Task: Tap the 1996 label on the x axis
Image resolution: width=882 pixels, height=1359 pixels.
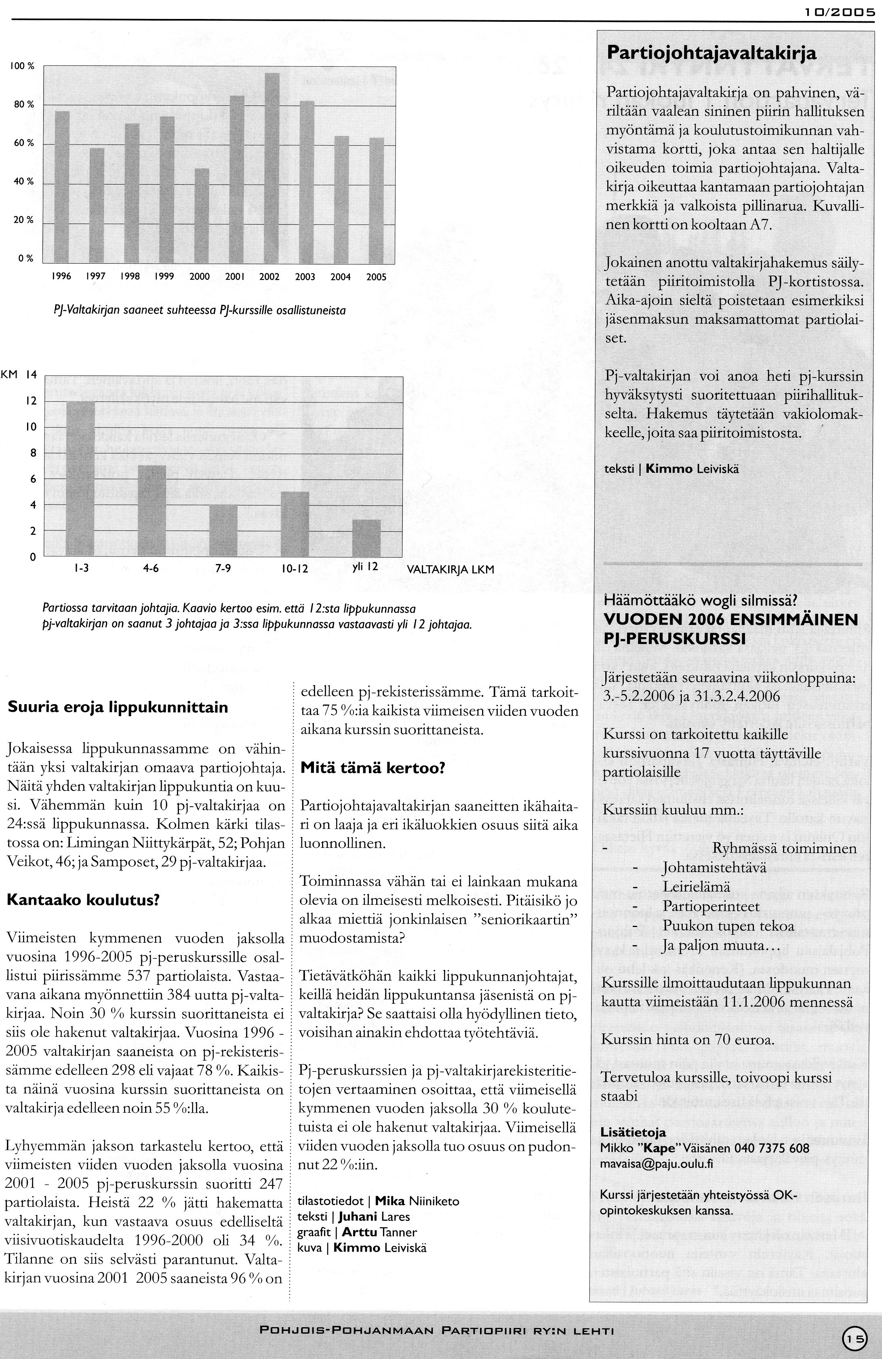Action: coord(62,277)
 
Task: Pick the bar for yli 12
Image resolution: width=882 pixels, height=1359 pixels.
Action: coord(366,539)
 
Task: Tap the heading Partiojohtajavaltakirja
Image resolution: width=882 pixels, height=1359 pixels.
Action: coord(711,54)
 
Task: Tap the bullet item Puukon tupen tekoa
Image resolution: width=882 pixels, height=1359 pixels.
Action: coord(728,926)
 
